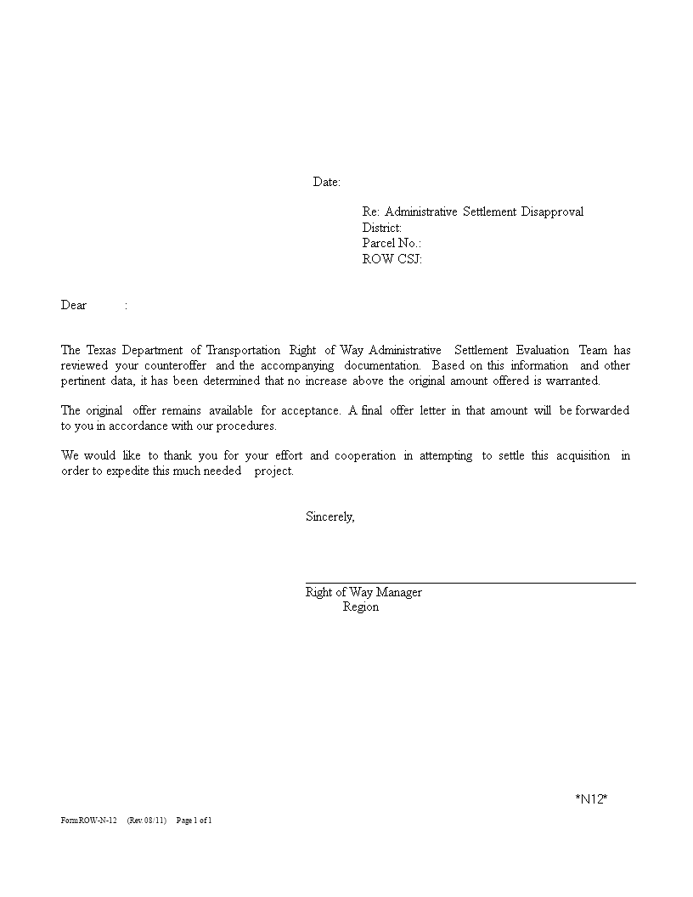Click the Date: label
point(327,182)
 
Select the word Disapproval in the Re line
point(552,212)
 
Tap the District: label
point(382,228)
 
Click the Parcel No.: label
point(392,244)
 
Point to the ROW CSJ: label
point(392,259)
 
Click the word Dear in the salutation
point(74,305)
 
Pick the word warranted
point(572,381)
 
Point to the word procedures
point(248,426)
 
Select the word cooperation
point(365,455)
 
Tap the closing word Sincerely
point(330,516)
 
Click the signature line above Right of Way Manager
point(470,583)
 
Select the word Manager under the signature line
point(399,592)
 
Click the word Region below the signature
point(361,607)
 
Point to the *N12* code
point(591,798)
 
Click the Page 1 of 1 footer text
point(194,821)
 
